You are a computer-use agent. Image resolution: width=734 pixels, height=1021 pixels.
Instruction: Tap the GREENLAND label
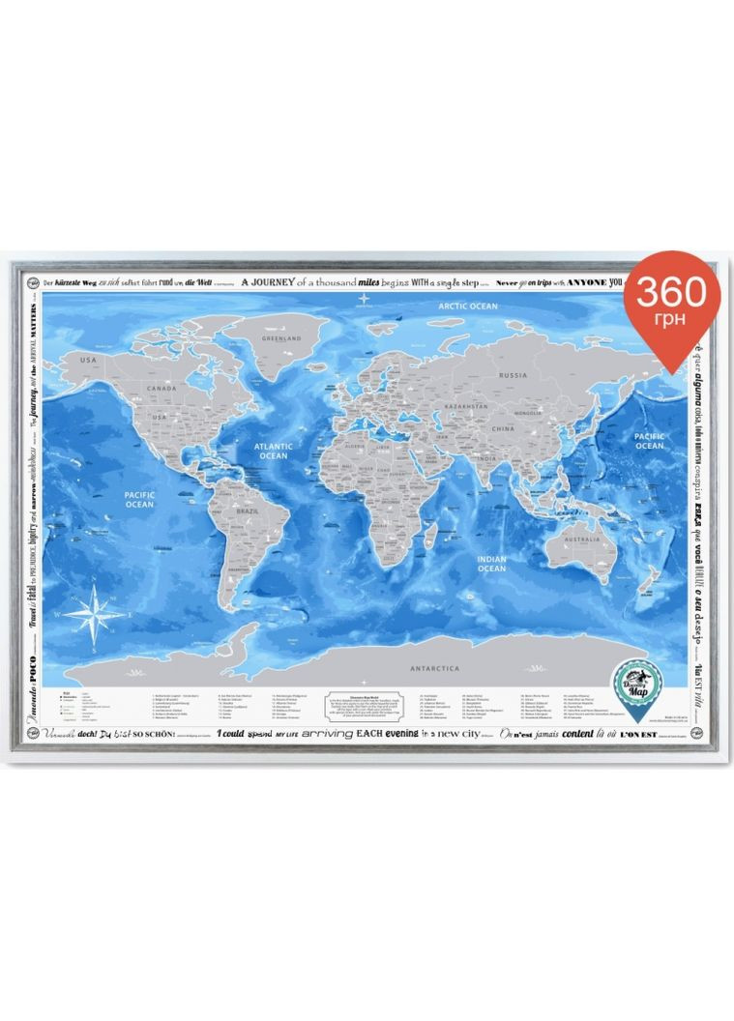pyautogui.click(x=284, y=339)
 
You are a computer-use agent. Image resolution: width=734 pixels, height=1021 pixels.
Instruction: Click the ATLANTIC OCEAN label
pyautogui.click(x=272, y=451)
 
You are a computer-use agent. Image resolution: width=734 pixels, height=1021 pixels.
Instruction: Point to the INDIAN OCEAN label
pyautogui.click(x=491, y=564)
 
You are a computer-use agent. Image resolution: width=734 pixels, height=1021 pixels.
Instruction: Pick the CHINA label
pyautogui.click(x=503, y=428)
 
